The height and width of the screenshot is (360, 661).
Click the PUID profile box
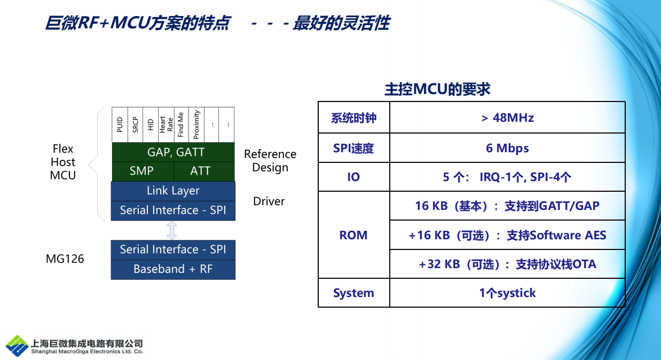tap(120, 124)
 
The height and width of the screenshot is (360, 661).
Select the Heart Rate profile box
tap(166, 124)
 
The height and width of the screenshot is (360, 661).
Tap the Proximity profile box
tap(196, 124)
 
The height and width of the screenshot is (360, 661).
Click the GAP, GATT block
tap(174, 152)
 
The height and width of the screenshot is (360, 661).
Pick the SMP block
tap(143, 171)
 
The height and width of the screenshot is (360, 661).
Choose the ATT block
tap(204, 171)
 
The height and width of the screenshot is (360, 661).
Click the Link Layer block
tap(173, 191)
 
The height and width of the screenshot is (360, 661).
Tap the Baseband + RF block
tap(173, 269)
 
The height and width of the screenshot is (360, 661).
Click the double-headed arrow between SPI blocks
tap(172, 230)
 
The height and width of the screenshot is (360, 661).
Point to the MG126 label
tap(65, 259)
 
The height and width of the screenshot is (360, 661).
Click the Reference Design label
tap(270, 161)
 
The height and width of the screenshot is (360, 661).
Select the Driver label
tap(269, 201)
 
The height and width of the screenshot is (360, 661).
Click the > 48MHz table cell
tap(507, 118)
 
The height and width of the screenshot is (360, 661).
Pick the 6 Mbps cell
tap(507, 148)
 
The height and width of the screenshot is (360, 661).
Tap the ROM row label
tap(353, 235)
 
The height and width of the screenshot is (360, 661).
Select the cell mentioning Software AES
tap(507, 235)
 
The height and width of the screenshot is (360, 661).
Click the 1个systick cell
tap(507, 293)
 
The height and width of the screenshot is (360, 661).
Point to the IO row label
tap(353, 177)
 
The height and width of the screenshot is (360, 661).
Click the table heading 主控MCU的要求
tap(438, 89)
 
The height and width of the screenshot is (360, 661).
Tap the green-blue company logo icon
tap(18, 346)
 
